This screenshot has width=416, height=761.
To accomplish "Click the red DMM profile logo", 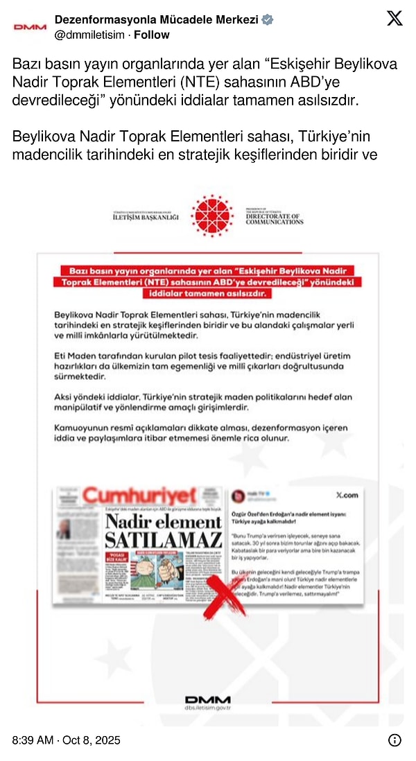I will click(30, 27).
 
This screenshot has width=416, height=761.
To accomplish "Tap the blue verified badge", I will click(268, 19).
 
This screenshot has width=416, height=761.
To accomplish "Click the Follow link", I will click(151, 35).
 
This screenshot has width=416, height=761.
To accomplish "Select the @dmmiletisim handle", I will click(91, 35).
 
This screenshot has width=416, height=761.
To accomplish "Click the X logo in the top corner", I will click(394, 19).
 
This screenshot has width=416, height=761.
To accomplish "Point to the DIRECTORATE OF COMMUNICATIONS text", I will click(274, 218).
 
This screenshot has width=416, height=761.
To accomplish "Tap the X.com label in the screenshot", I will click(346, 496).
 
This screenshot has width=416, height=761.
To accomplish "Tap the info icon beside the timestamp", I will click(394, 740).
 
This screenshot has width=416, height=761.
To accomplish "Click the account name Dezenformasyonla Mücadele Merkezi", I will click(155, 19).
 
